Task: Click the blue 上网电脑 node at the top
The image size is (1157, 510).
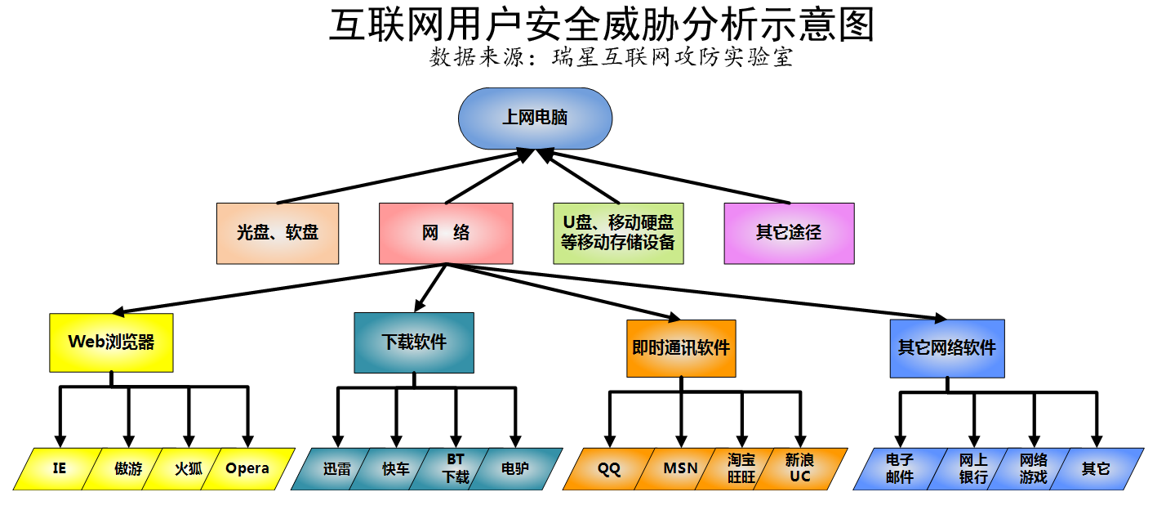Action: click(x=535, y=119)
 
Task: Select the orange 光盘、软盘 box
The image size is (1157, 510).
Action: click(x=278, y=233)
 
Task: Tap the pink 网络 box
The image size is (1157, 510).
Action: click(x=446, y=233)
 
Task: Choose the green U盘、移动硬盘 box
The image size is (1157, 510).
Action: click(x=618, y=233)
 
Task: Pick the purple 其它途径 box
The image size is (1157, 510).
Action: click(x=789, y=233)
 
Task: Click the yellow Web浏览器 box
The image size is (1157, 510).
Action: click(x=111, y=342)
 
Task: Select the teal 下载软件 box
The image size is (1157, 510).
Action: click(x=414, y=342)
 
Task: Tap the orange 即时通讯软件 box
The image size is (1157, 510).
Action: click(x=681, y=348)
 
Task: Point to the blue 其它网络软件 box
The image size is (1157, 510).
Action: click(x=947, y=348)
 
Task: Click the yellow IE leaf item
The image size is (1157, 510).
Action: click(x=59, y=469)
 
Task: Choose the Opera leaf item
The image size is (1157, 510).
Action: click(x=247, y=469)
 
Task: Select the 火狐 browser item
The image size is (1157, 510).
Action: click(x=189, y=469)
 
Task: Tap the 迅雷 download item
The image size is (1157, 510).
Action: click(x=336, y=469)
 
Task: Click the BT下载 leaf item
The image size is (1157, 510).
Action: click(x=456, y=469)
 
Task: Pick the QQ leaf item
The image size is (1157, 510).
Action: click(x=609, y=469)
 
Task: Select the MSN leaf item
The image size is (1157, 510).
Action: click(x=680, y=469)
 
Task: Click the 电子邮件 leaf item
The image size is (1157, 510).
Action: click(x=899, y=469)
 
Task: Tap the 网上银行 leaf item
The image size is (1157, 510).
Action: click(x=973, y=469)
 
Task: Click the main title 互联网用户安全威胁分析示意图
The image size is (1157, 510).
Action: click(x=602, y=25)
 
